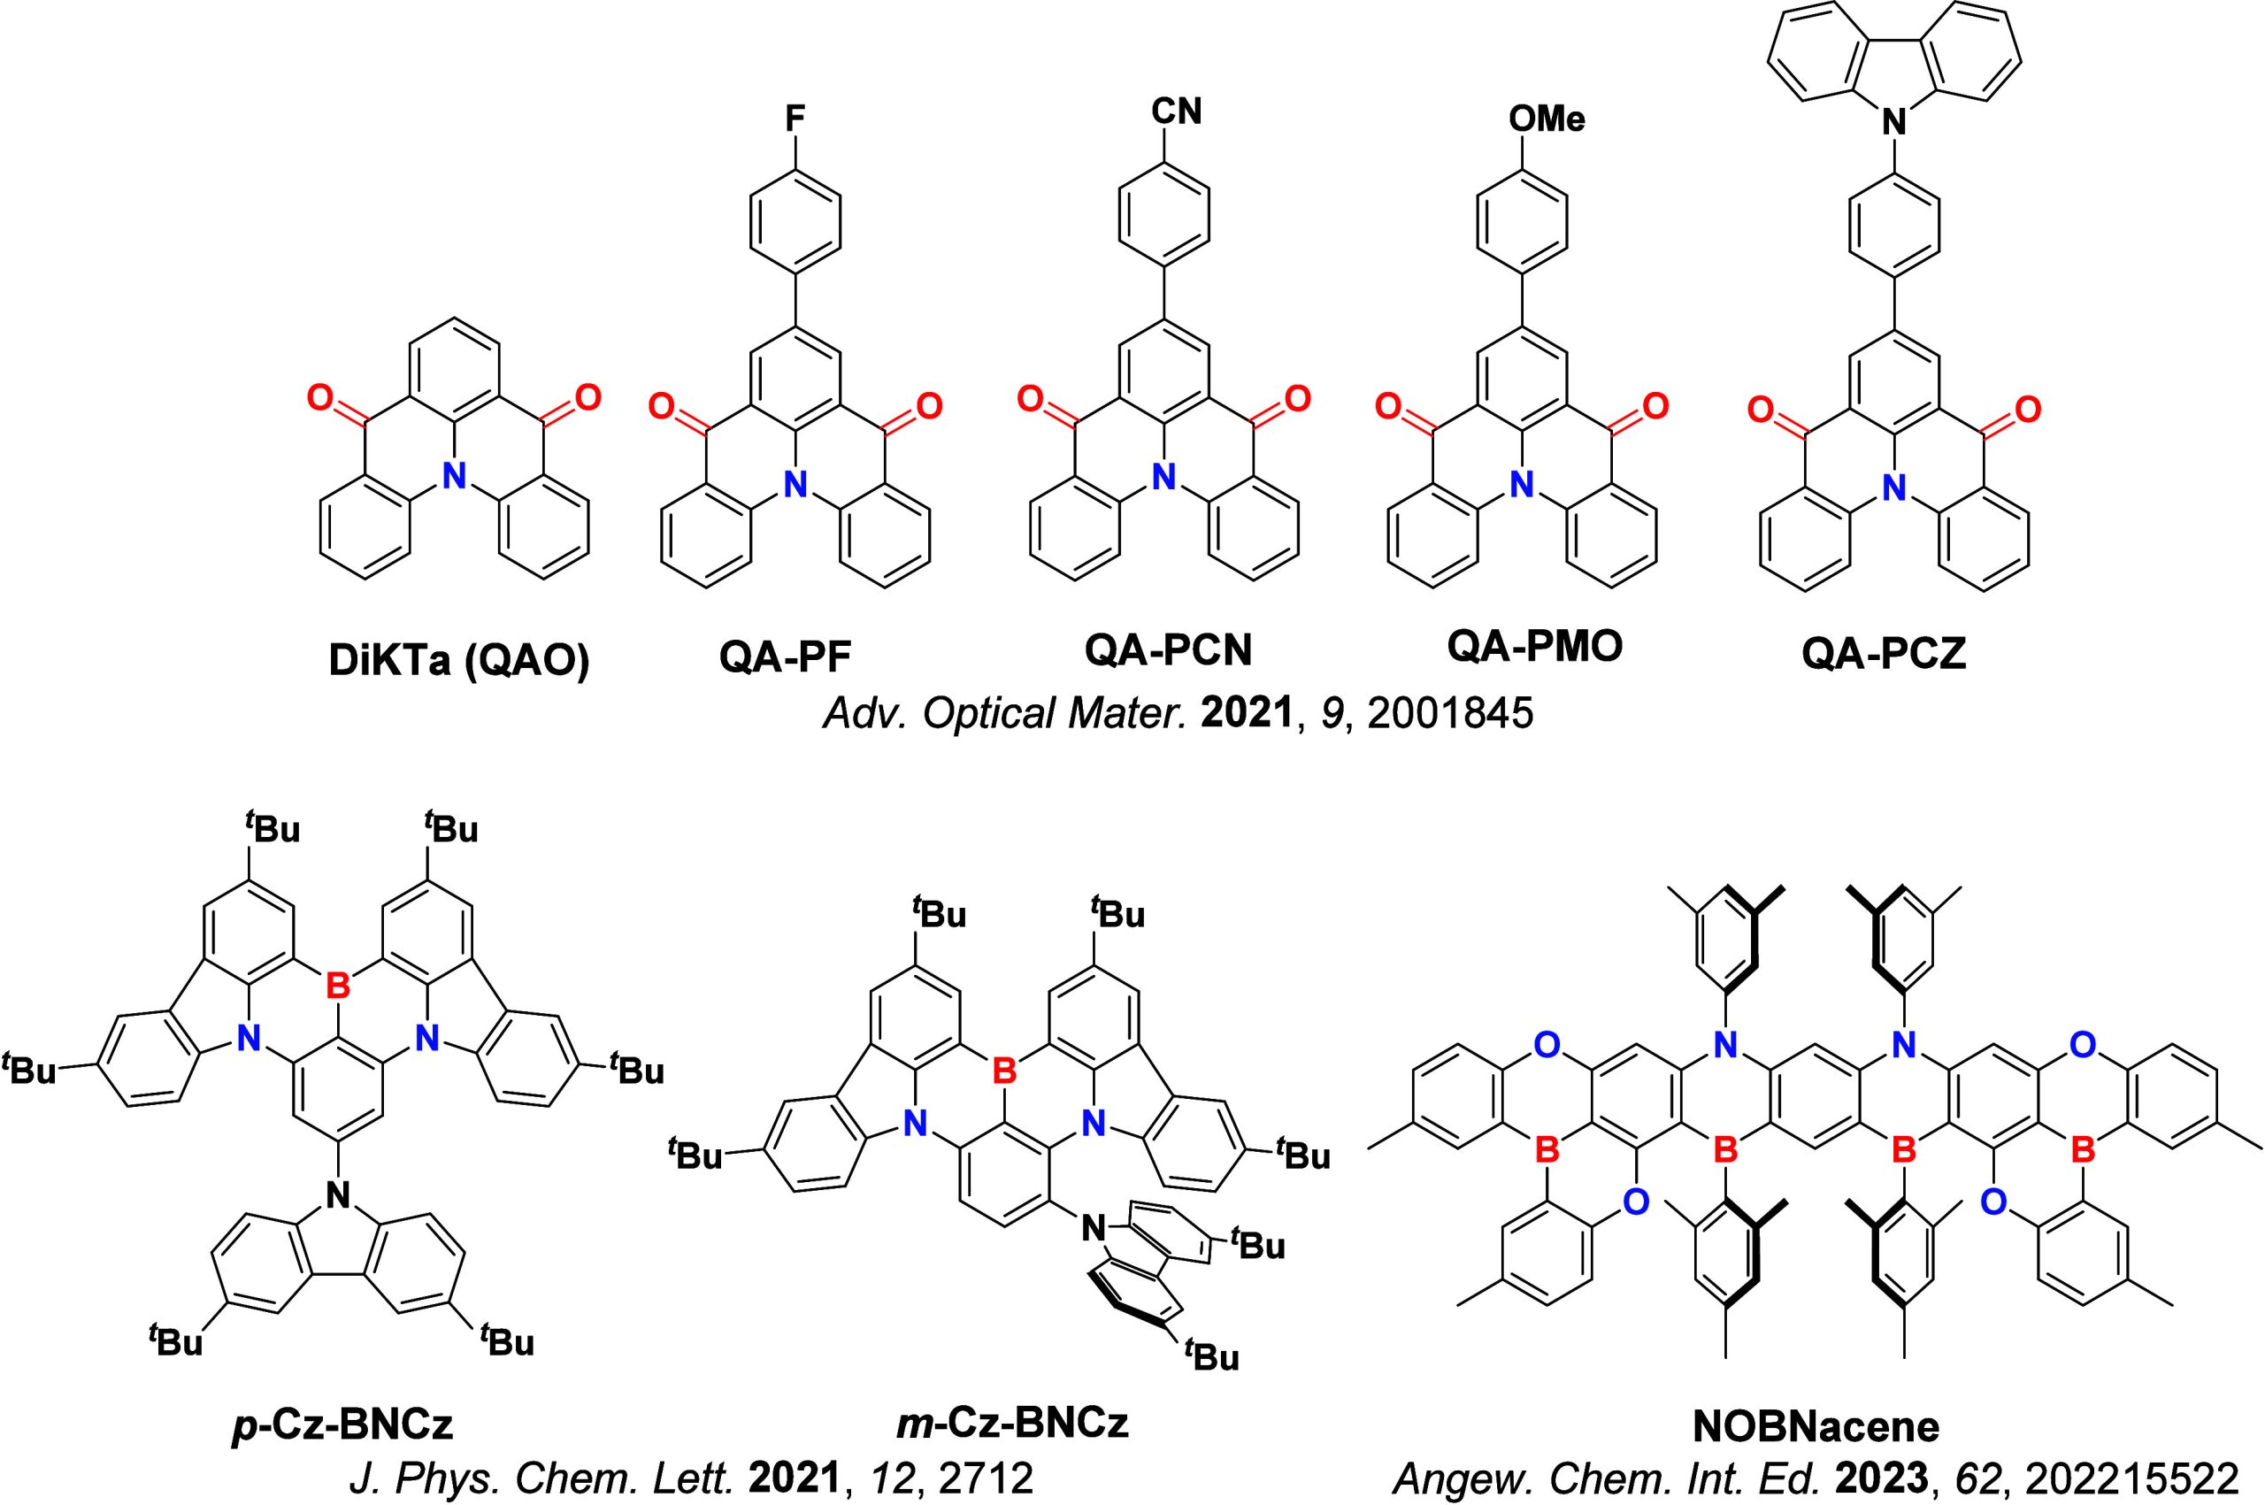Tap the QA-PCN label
coord(1168,652)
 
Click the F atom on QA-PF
coord(795,119)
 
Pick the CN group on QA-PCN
coord(1176,111)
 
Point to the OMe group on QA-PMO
coord(1547,119)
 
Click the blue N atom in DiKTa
coord(454,473)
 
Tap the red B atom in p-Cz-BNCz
coord(337,984)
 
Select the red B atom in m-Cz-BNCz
coord(1003,1069)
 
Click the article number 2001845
coord(1449,715)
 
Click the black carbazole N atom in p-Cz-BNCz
coord(336,1194)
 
